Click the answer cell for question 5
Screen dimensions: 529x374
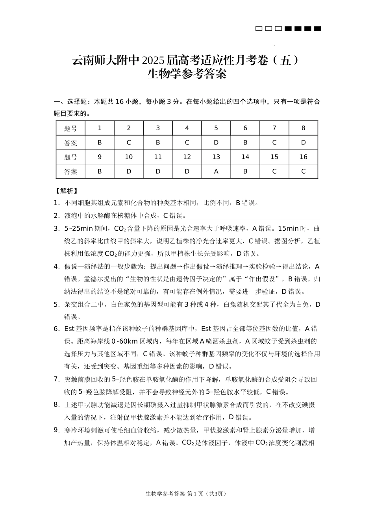click(216, 142)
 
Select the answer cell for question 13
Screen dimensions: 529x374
click(216, 171)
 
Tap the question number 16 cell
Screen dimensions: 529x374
click(303, 157)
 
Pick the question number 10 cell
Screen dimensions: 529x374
click(129, 157)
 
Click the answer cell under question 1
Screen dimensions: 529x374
click(100, 142)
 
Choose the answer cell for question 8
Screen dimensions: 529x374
click(303, 142)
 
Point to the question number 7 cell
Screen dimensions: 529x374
click(274, 128)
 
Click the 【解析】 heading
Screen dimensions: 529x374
click(66, 191)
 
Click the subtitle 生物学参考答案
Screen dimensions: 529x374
click(187, 74)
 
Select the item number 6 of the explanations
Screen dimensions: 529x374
click(56, 328)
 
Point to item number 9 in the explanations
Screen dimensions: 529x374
click(56, 430)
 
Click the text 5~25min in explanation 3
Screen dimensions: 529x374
click(78, 228)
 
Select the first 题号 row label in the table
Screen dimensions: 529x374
click(71, 128)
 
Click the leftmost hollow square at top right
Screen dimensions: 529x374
click(259, 28)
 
